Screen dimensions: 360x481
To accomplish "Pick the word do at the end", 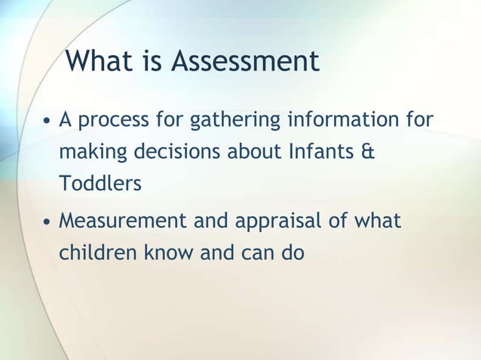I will (293, 254).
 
